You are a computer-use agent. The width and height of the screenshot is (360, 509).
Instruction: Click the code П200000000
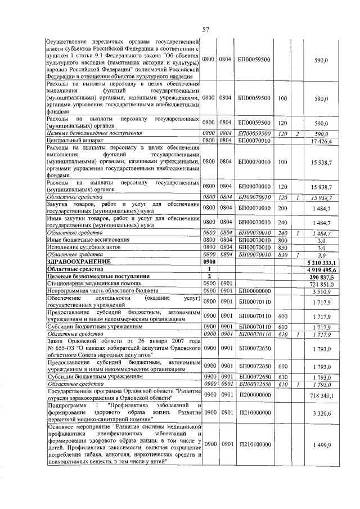[x=254, y=396]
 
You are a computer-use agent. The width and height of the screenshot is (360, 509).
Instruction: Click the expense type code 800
[x=282, y=240]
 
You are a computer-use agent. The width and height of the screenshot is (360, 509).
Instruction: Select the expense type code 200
[x=282, y=208]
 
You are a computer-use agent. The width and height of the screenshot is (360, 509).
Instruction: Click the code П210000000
[x=254, y=412]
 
